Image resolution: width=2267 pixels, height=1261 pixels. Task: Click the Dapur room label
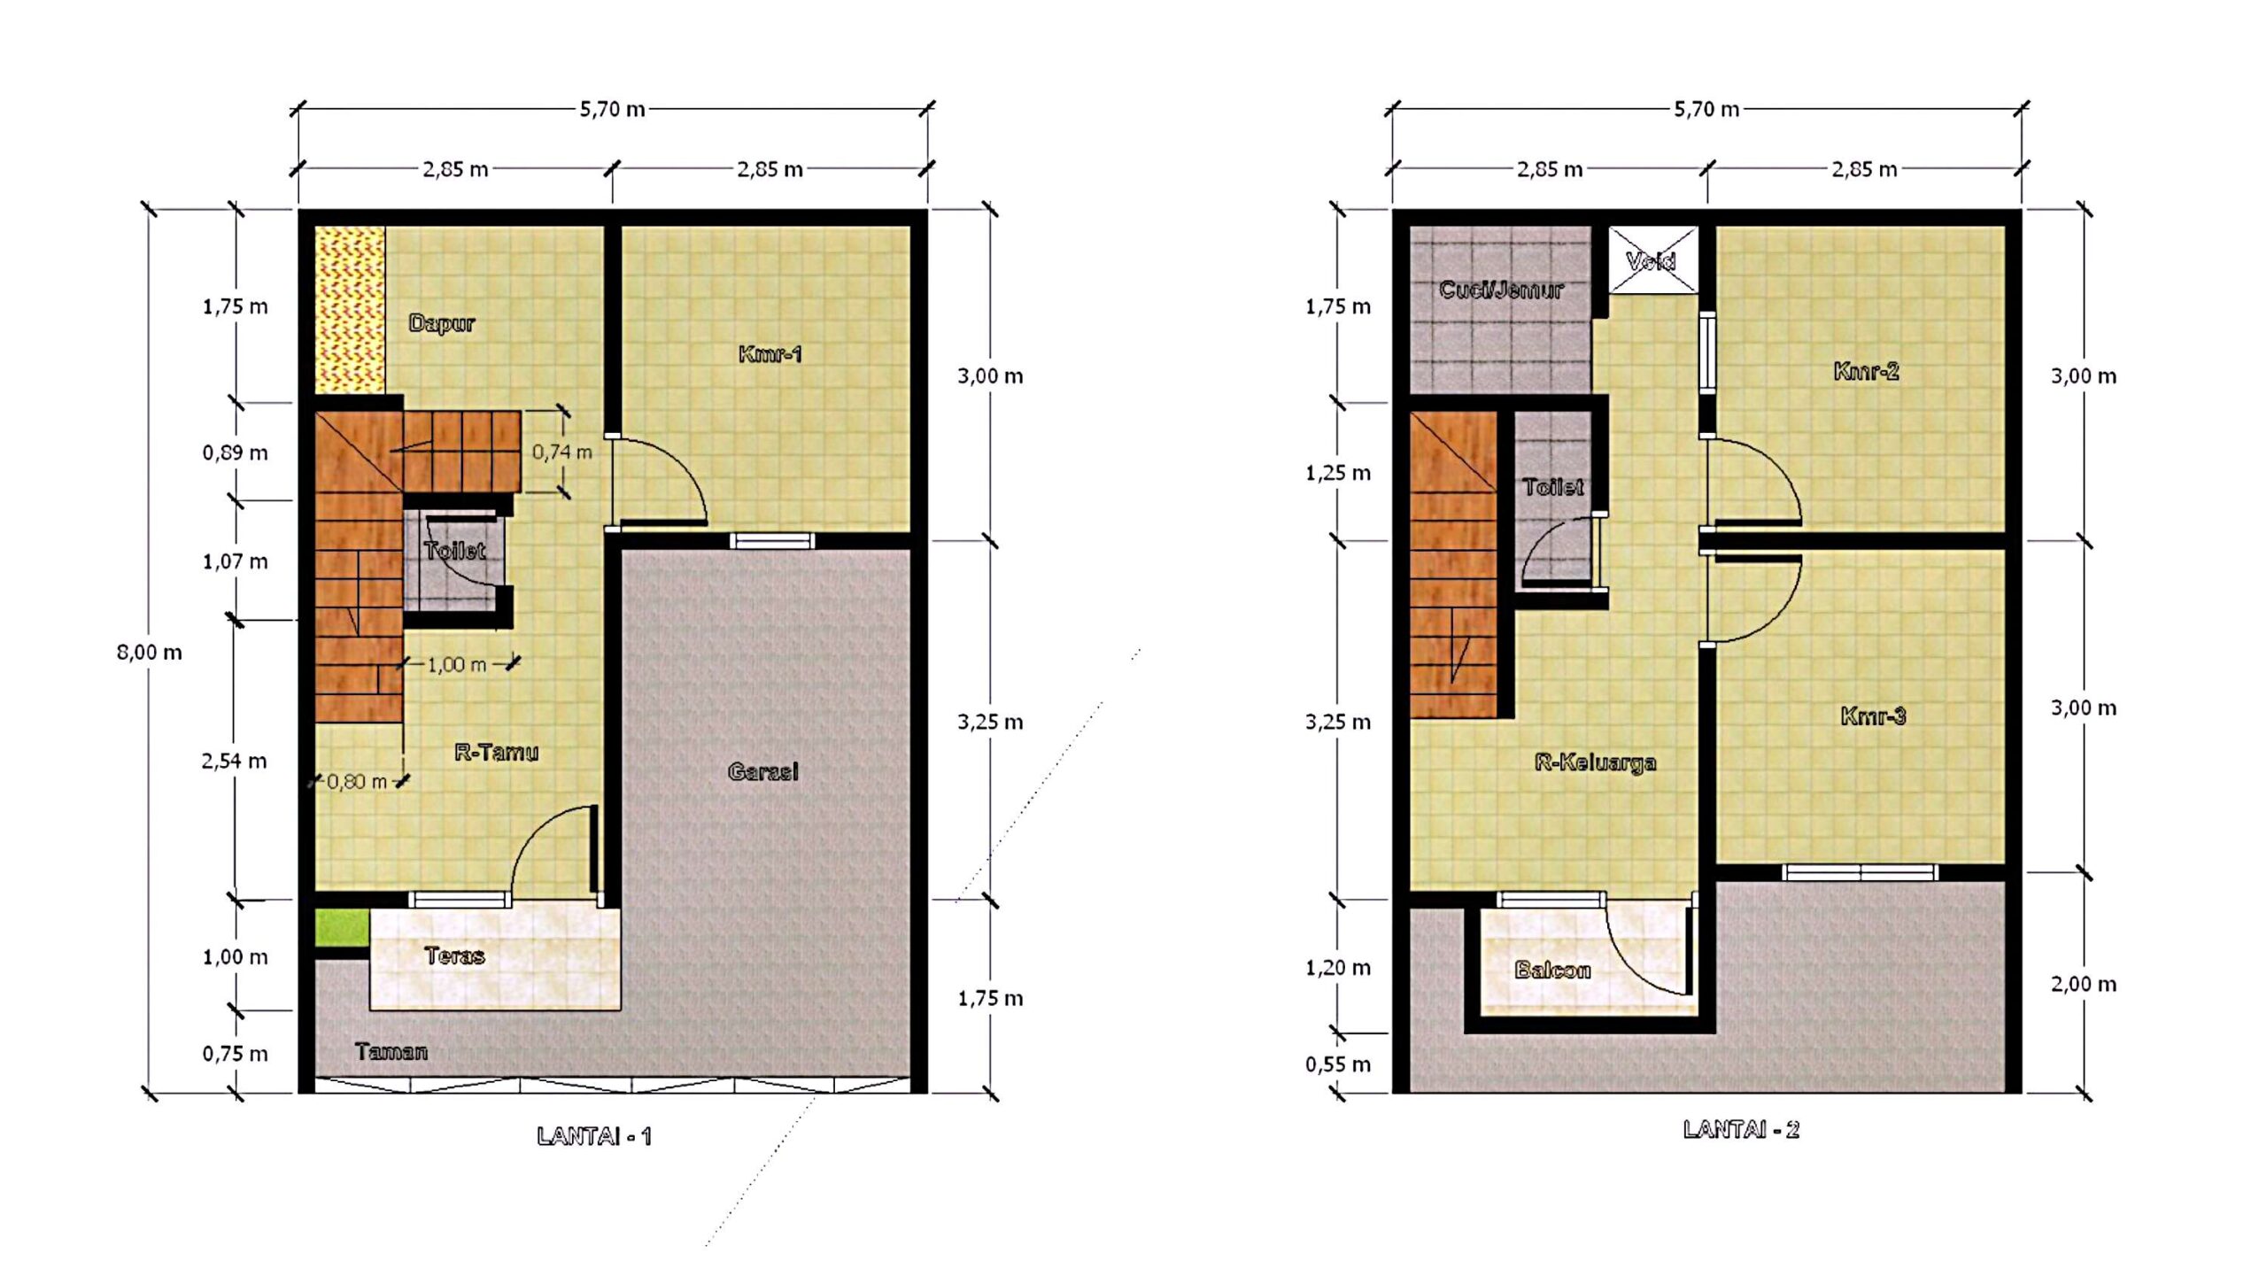[441, 323]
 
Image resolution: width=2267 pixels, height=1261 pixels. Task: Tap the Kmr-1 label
[770, 354]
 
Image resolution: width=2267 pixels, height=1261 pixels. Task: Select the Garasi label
[762, 771]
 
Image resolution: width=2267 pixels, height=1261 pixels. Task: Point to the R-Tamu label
[496, 752]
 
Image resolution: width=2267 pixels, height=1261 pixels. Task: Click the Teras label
[454, 955]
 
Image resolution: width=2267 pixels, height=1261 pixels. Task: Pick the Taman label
[391, 1051]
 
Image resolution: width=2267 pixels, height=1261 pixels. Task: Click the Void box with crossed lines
[1652, 259]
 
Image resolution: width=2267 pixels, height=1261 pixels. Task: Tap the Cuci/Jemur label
[1501, 290]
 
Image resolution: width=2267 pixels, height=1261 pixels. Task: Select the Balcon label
[1552, 970]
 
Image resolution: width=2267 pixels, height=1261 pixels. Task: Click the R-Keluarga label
[1595, 762]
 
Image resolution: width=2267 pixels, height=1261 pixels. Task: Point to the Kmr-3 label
[1873, 716]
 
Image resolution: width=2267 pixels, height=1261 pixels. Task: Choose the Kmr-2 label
[1866, 371]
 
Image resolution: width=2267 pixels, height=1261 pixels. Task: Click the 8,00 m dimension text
[149, 653]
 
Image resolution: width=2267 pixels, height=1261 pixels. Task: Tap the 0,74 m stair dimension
[561, 452]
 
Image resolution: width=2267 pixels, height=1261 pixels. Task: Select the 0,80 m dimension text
[357, 781]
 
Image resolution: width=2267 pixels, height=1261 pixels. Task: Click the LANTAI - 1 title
[594, 1136]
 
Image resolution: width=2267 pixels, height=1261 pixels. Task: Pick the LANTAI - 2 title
[1741, 1129]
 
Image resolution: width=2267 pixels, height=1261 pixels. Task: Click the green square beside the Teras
[342, 927]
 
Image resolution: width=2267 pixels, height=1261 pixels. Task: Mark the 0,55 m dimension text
[1337, 1064]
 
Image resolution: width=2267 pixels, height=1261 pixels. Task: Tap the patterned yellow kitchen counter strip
[351, 310]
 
